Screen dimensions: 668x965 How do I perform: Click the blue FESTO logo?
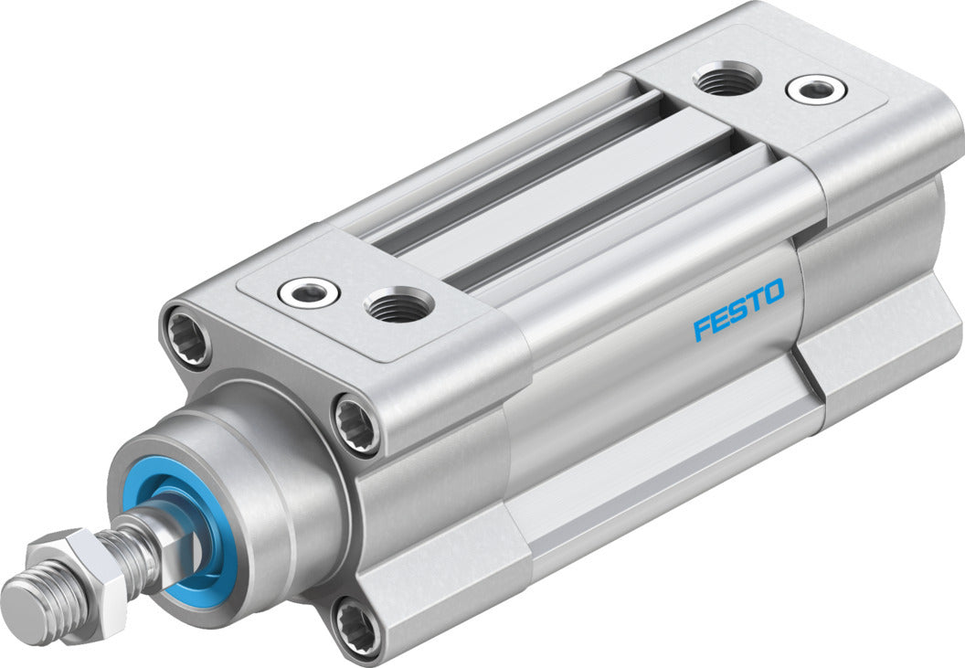[738, 311]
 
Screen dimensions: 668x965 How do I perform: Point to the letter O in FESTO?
[772, 294]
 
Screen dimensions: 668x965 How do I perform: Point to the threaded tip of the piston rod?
[32, 608]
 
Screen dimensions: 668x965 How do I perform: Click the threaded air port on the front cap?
[399, 304]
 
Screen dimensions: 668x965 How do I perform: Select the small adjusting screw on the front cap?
[310, 292]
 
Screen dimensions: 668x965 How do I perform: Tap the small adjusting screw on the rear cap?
[815, 90]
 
